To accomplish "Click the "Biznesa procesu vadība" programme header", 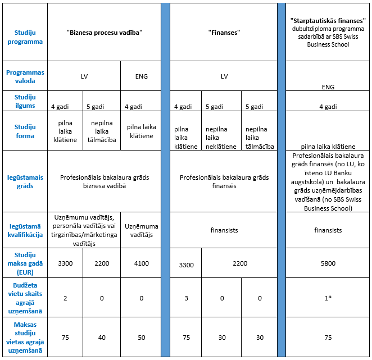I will (105, 33).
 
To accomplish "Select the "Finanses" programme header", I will (224, 33).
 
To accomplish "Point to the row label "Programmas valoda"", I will (25, 76).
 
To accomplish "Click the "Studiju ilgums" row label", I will (25, 102).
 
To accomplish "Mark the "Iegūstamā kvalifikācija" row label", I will (25, 230).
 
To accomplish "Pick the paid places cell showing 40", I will (102, 338).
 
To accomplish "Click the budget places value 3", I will (185, 298).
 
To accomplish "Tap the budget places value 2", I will (65, 298).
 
